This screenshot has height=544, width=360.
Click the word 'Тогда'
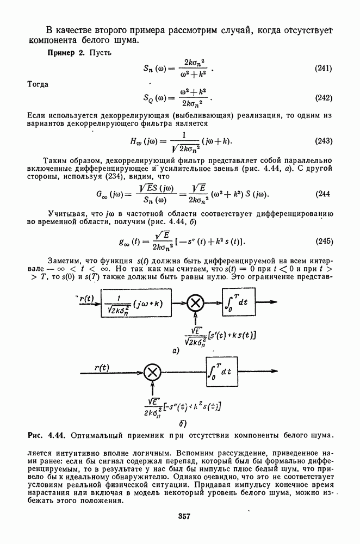click(38, 84)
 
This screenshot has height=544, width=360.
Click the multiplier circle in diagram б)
click(153, 372)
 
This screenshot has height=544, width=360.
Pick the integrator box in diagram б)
click(222, 372)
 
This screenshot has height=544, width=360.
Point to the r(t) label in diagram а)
click(87, 298)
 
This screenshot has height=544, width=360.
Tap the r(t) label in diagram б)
click(102, 367)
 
